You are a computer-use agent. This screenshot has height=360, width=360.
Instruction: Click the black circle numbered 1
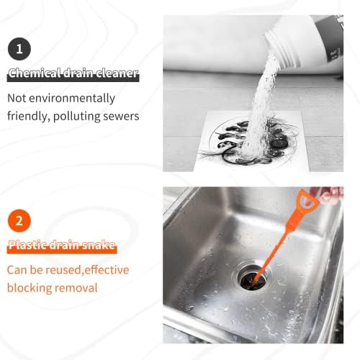pyautogui.click(x=19, y=50)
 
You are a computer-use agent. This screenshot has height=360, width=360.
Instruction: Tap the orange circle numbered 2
pyautogui.click(x=19, y=221)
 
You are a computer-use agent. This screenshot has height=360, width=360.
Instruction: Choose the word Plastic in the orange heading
pyautogui.click(x=27, y=247)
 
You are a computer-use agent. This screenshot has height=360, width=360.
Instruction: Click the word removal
pyautogui.click(x=83, y=288)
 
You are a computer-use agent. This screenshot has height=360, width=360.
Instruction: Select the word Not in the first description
pyautogui.click(x=19, y=97)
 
